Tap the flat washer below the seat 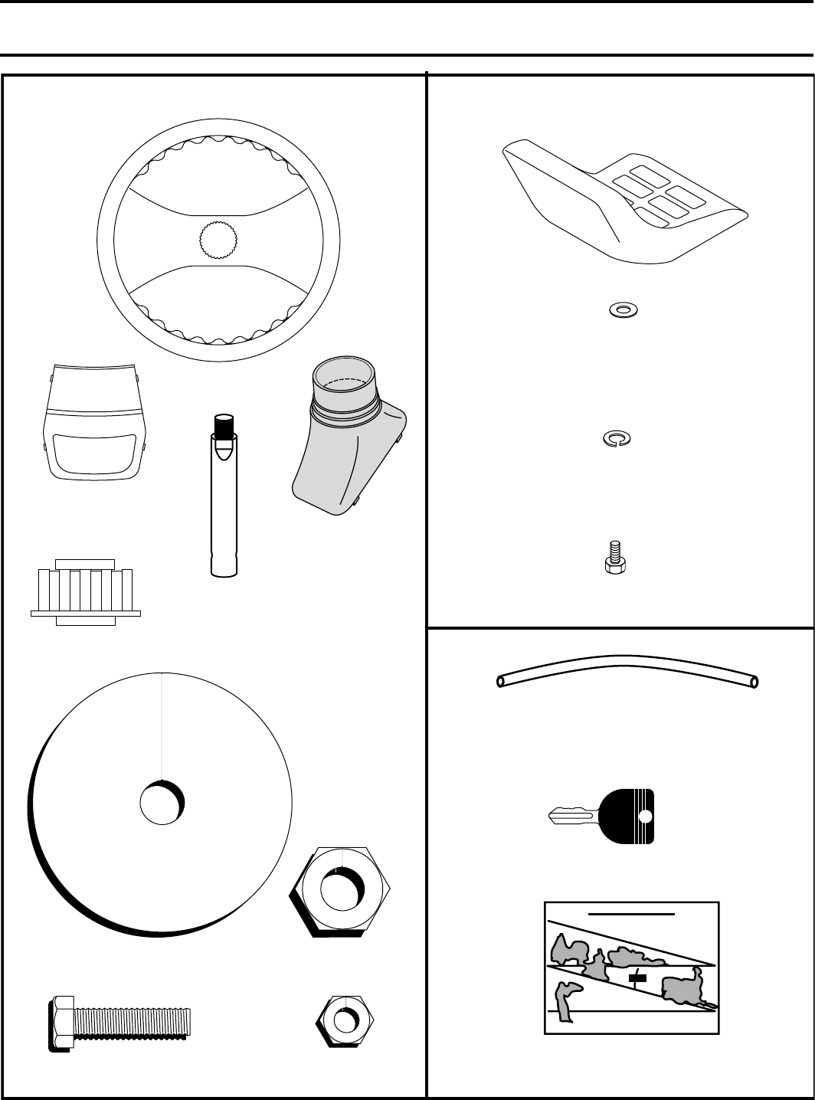(x=624, y=310)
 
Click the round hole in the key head (x=645, y=816)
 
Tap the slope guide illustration (x=631, y=967)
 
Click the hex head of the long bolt (x=61, y=1023)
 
